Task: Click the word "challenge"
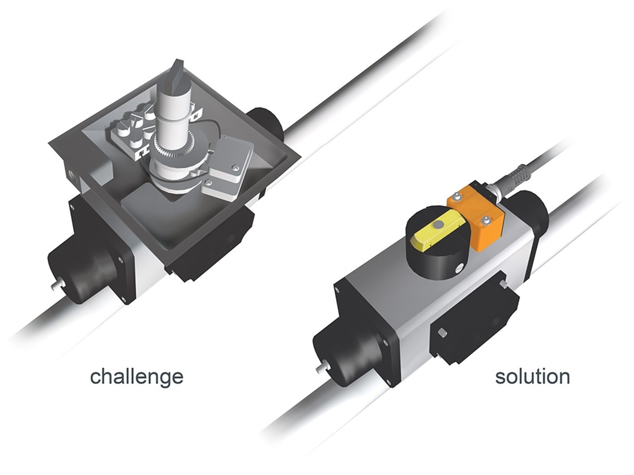[137, 376]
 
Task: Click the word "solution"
[532, 376]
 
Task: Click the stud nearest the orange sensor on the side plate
[504, 284]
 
